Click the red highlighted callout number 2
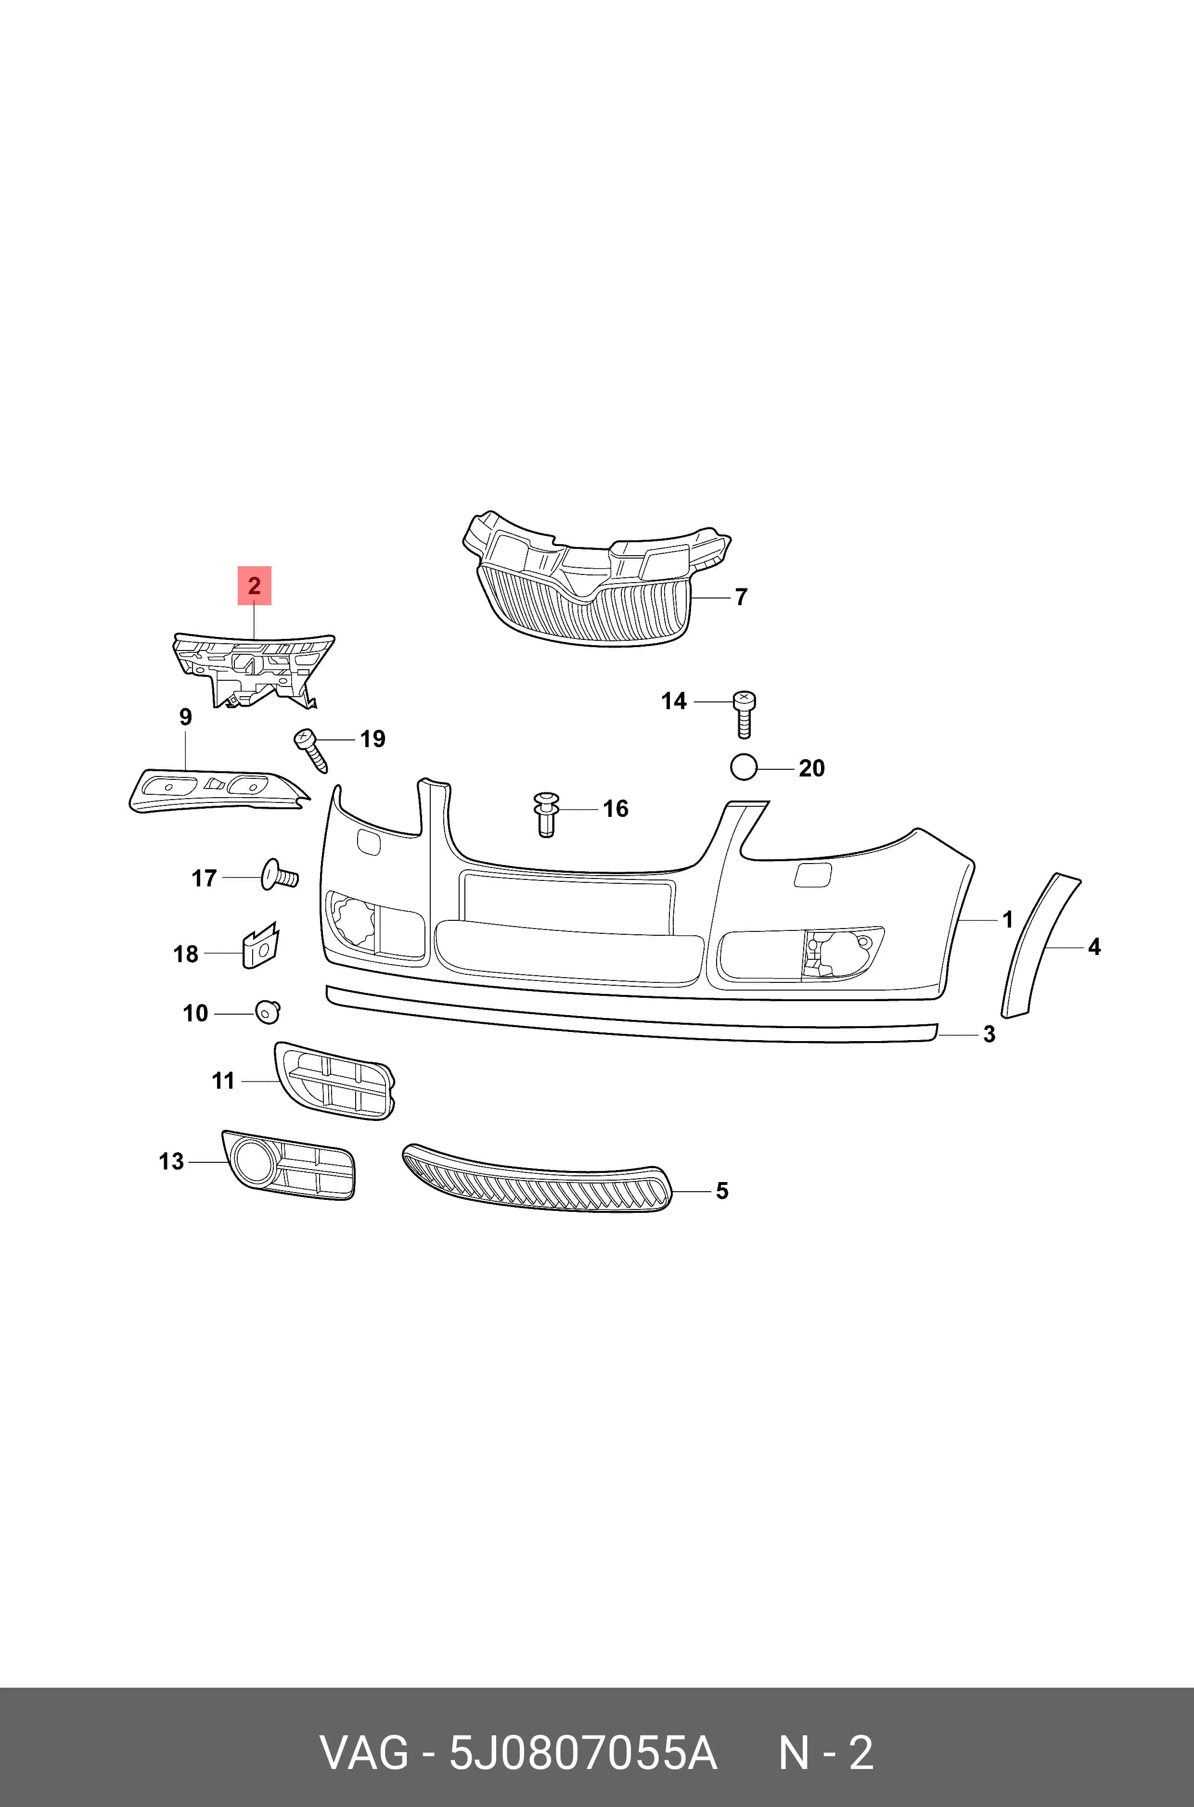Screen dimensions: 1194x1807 [254, 585]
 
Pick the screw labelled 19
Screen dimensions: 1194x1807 [311, 750]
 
